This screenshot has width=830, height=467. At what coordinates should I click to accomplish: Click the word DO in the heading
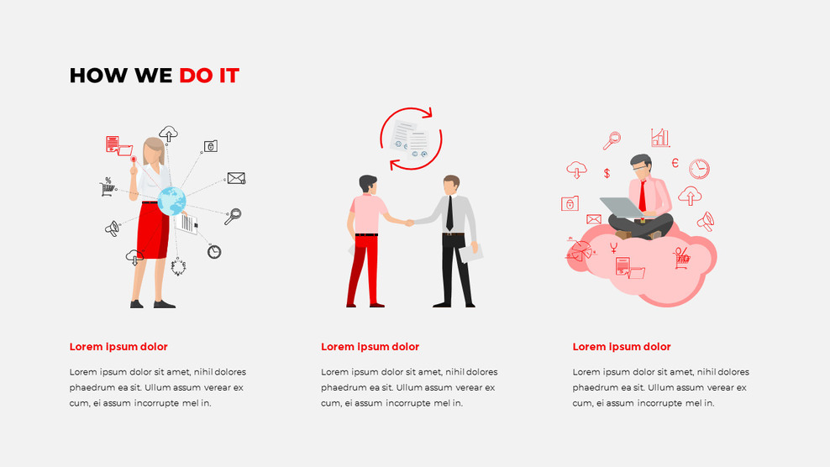(x=196, y=76)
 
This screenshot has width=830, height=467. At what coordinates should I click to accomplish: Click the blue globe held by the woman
(x=171, y=200)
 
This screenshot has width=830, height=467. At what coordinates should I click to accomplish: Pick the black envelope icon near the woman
(x=236, y=178)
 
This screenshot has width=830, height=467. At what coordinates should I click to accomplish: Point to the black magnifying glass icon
(x=233, y=216)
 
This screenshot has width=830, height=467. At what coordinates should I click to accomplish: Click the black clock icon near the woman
(x=214, y=251)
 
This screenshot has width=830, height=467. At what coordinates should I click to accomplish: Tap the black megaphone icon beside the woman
(x=112, y=228)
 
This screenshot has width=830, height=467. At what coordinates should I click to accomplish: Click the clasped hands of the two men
(x=409, y=223)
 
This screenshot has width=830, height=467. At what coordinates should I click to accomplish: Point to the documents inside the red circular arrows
(x=411, y=139)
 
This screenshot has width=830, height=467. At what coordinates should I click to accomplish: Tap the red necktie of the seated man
(x=643, y=196)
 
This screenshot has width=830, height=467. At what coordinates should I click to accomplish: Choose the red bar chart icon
(x=660, y=138)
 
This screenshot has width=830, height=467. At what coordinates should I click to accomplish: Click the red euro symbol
(x=675, y=163)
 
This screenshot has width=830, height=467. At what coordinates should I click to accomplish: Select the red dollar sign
(x=607, y=173)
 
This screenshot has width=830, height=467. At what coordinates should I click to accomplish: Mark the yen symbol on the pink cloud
(x=615, y=247)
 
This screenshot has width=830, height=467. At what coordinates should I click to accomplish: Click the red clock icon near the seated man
(x=699, y=169)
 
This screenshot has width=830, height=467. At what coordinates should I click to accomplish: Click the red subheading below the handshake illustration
(x=370, y=347)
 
